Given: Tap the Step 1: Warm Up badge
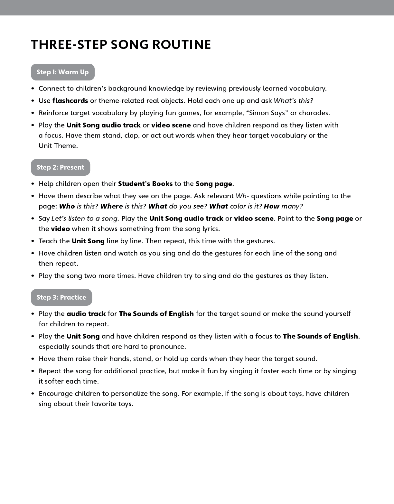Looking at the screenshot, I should tap(63, 72).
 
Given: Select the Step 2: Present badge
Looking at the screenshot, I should tap(61, 167).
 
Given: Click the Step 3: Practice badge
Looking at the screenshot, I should tap(61, 297).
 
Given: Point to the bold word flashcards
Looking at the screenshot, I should tap(70, 101).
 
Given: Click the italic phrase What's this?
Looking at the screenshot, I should tap(293, 101).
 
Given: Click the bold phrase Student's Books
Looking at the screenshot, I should tap(145, 184).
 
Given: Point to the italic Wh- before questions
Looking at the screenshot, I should tap(242, 196).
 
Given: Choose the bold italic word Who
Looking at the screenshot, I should tap(67, 206).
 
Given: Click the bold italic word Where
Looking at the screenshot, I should tap(111, 206).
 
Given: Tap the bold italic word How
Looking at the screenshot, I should tap(271, 206).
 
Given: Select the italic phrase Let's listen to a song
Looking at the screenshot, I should tap(85, 219).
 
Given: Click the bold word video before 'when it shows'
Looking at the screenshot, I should tap(60, 229).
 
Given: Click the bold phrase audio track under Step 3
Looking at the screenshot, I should tap(86, 314).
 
